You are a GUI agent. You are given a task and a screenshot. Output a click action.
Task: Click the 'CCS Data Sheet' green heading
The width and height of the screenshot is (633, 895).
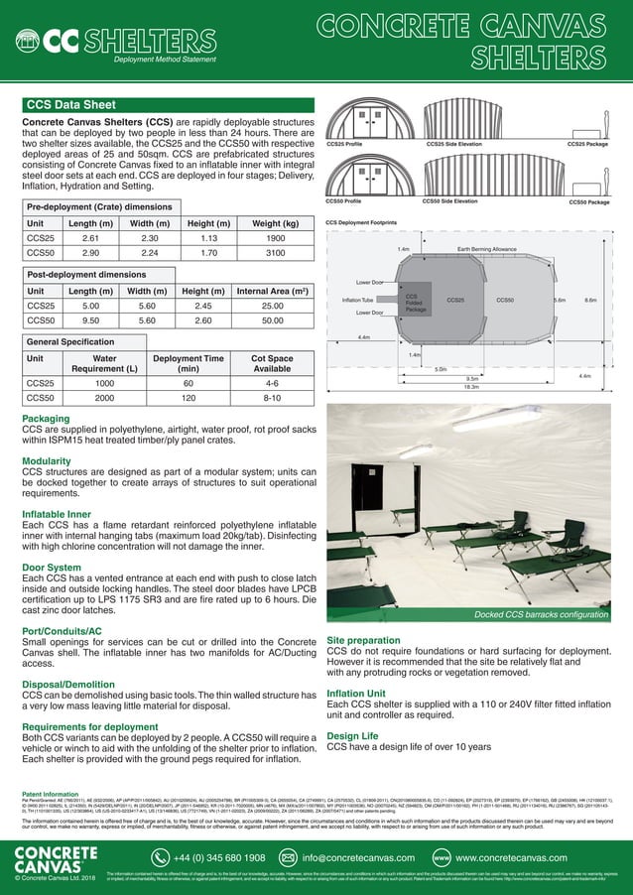pos(69,102)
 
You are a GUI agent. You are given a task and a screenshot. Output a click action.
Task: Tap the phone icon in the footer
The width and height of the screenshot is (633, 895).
pos(162,855)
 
